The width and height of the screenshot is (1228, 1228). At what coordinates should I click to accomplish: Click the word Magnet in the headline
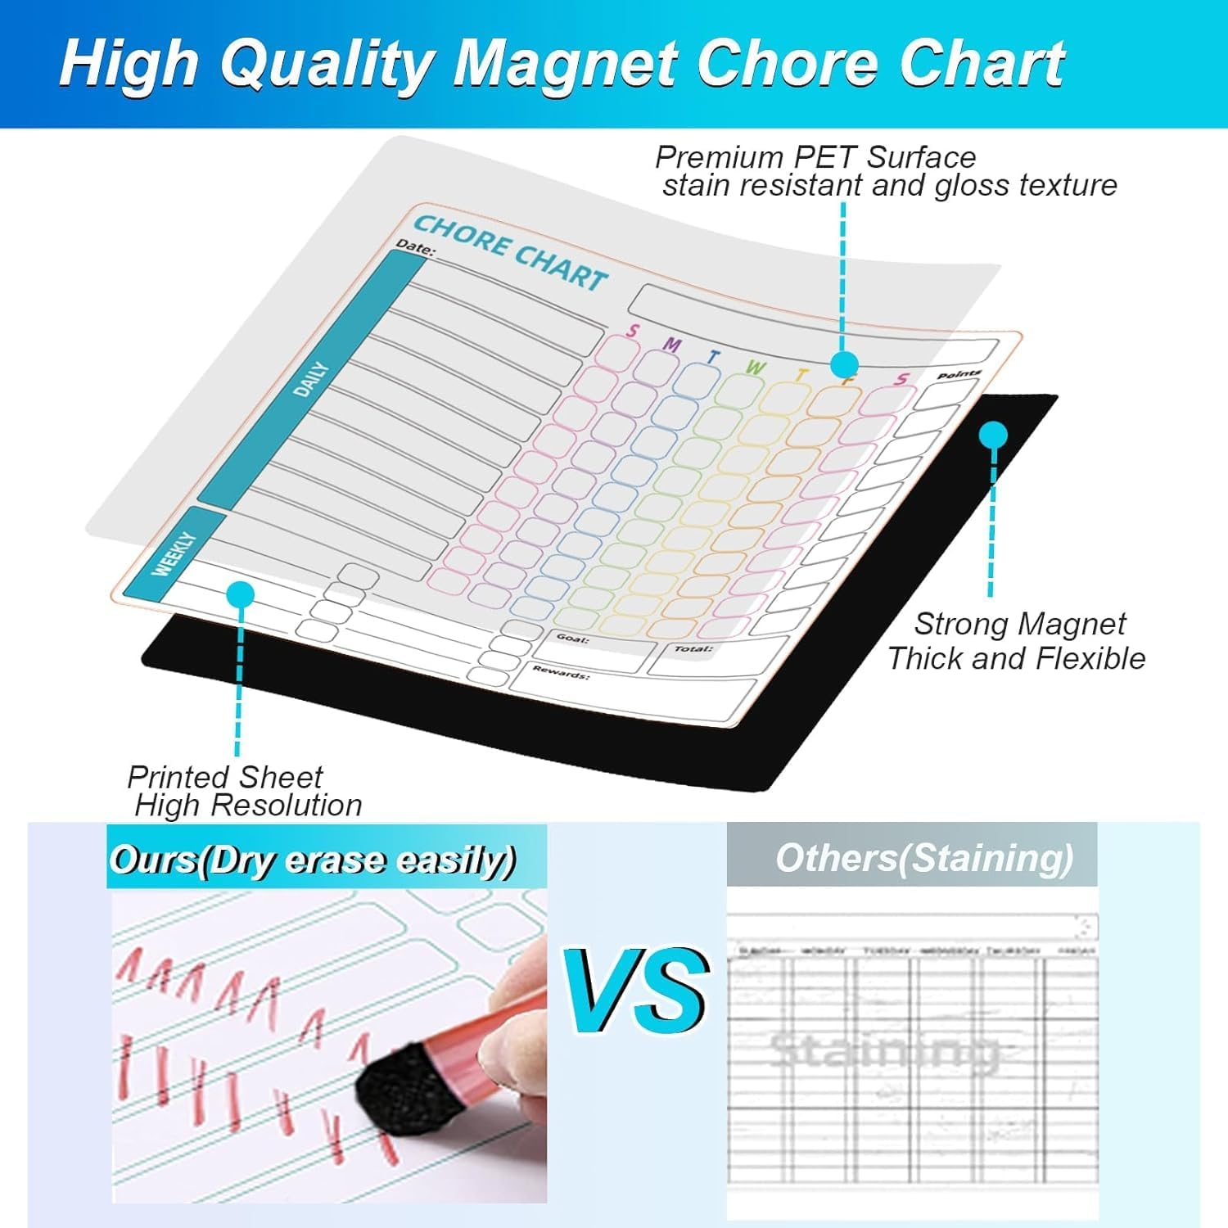coord(565,64)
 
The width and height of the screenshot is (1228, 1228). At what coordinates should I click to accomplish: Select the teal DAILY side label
coord(310,380)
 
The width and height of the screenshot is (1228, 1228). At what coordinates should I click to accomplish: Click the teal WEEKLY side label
coord(174,554)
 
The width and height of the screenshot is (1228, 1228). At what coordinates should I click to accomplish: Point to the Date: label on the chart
coord(415,246)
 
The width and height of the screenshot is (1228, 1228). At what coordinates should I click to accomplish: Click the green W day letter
coord(754,368)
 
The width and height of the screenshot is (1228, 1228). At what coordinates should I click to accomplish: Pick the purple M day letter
coord(671,345)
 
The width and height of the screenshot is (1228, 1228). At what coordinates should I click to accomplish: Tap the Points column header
coord(958,374)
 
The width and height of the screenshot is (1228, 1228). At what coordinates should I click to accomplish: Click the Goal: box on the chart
coord(594,652)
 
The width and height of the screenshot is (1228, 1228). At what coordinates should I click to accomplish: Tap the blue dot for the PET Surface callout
coord(844,364)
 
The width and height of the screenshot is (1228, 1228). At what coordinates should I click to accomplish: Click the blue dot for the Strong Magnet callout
coord(993,435)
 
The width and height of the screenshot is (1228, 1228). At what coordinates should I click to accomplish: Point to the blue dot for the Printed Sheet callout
coord(240,594)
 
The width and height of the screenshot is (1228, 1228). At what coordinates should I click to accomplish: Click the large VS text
coord(637,992)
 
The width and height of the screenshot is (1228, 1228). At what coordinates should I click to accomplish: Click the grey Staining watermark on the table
coord(884,1050)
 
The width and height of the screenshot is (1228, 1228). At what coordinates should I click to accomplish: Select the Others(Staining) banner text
coord(923,859)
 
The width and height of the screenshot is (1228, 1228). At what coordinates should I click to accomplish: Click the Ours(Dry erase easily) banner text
coord(313,860)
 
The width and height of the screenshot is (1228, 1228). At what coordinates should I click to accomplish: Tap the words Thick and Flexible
coord(1016,658)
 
